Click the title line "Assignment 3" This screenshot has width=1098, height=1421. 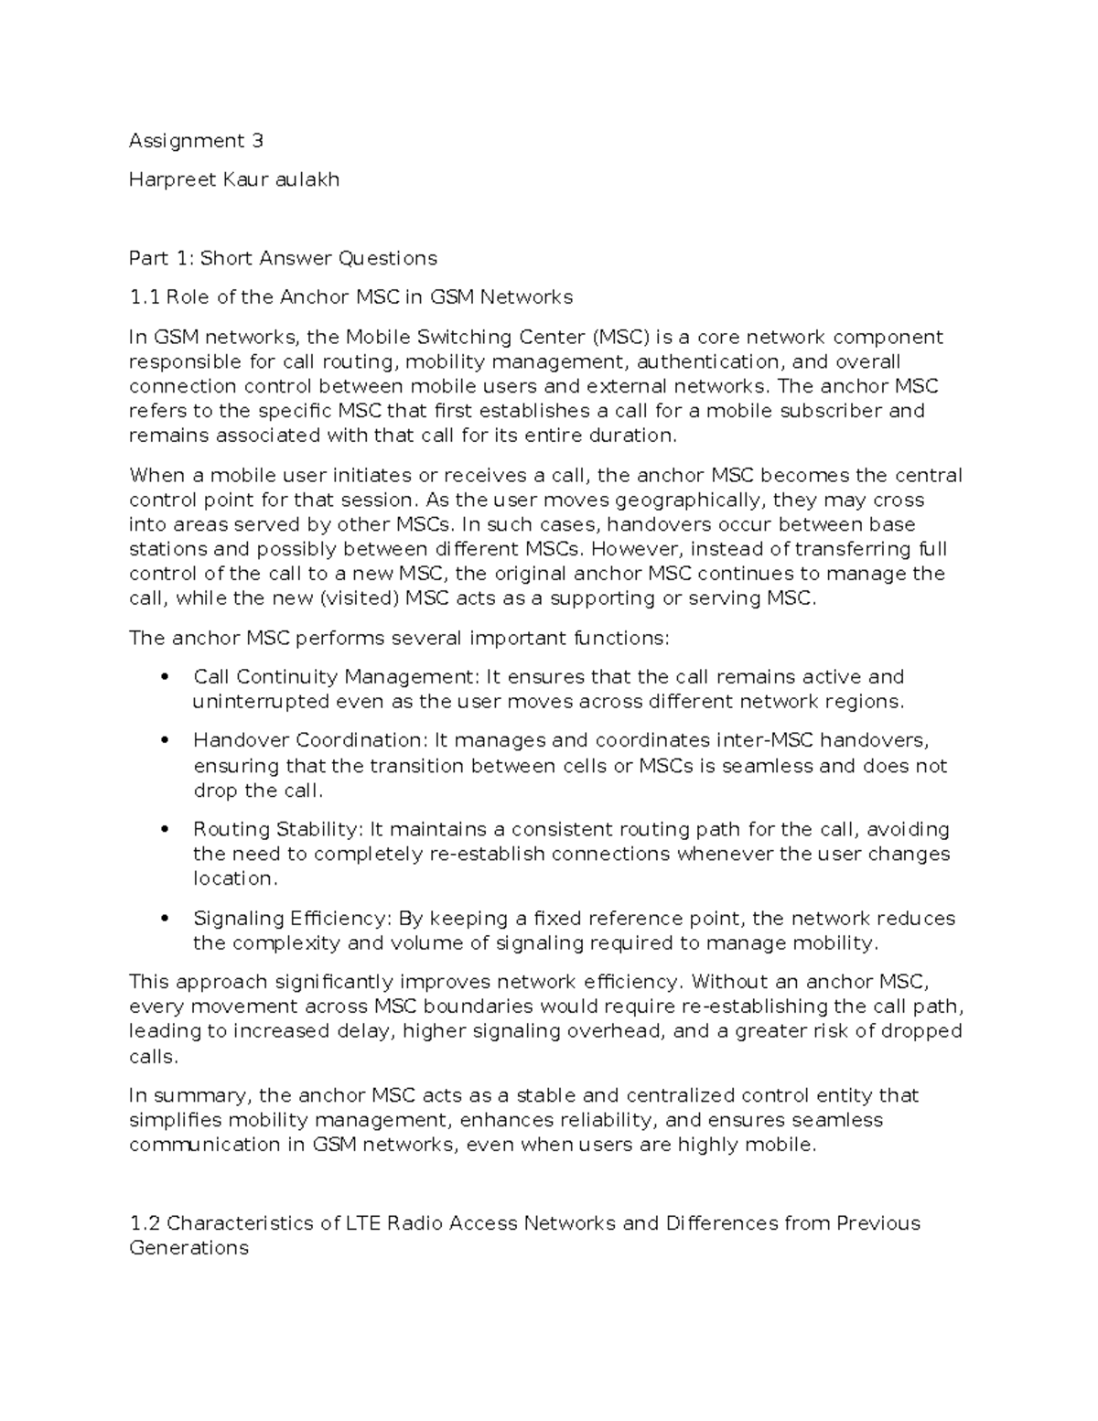click(196, 140)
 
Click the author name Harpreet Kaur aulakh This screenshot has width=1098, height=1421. click(233, 179)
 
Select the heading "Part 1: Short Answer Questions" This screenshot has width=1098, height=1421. click(283, 258)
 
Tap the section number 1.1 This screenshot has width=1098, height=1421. click(143, 296)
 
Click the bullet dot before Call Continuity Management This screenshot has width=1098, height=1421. click(165, 677)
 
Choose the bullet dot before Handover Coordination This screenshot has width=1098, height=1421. click(165, 740)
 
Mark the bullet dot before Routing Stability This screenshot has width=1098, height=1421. click(165, 829)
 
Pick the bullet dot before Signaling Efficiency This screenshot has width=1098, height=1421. click(165, 918)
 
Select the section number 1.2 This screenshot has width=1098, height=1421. click(145, 1223)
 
